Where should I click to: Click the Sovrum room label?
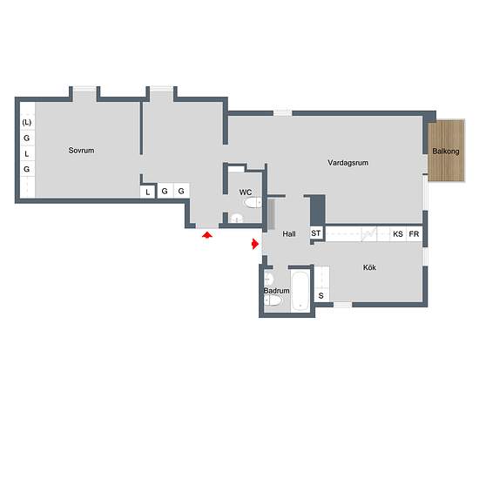click(81, 151)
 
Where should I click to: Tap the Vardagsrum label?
click(348, 163)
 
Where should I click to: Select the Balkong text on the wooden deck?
click(446, 152)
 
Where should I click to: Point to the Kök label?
click(369, 267)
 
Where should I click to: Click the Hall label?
click(289, 234)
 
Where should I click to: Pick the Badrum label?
click(276, 291)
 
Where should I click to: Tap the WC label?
click(246, 192)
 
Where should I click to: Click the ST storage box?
click(316, 233)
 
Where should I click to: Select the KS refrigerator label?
click(398, 234)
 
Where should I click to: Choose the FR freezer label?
click(414, 234)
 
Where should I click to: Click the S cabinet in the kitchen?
click(321, 295)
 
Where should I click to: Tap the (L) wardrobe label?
click(27, 122)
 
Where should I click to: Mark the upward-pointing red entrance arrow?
click(207, 234)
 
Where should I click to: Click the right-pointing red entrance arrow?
click(255, 244)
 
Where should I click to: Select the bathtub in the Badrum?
click(300, 290)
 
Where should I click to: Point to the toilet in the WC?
click(253, 203)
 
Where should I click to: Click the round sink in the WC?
click(236, 219)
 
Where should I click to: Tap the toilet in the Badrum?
click(273, 300)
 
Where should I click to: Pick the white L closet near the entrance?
click(147, 192)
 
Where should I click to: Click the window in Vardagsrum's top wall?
click(282, 112)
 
